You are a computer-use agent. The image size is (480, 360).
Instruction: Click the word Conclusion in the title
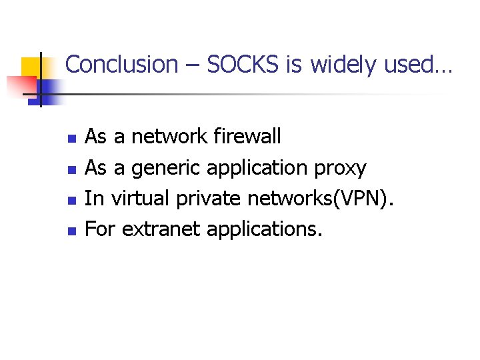121,65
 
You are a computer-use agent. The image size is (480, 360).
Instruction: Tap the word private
208,198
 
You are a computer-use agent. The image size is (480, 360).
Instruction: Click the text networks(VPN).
321,198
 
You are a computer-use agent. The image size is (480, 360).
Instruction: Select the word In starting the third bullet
94,198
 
